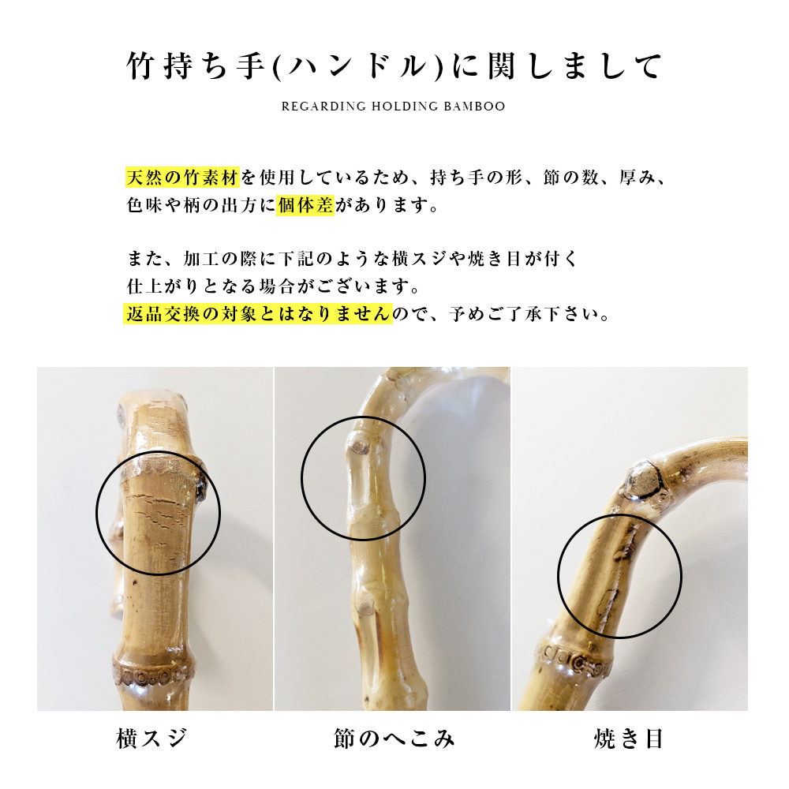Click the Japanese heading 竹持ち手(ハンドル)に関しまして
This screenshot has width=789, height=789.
(x=394, y=67)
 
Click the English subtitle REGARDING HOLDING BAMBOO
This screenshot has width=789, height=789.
(x=394, y=107)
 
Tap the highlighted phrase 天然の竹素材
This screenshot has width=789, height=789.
(x=182, y=176)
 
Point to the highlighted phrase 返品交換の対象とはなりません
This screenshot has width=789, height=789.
(x=259, y=313)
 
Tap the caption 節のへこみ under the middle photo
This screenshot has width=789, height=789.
(x=394, y=739)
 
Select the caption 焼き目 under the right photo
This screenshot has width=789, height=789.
(x=629, y=739)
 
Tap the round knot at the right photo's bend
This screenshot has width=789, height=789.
(x=641, y=478)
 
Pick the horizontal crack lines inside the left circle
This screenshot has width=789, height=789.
(x=162, y=505)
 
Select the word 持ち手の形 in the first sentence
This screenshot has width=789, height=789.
(x=473, y=176)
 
